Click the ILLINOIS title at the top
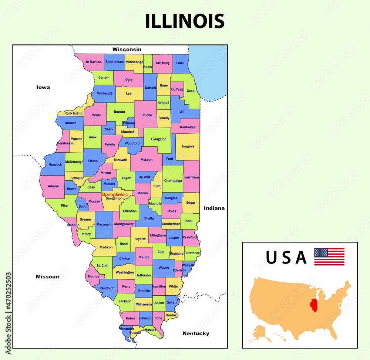pos(185,21)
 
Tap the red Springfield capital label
pos(113,194)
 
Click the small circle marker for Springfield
pos(127,194)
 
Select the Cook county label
pos(191,91)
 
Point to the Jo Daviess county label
pos(93,62)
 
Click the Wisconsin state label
pos(127,49)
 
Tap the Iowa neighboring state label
pos(43,87)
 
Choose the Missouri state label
pos(47,276)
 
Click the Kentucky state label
pos(196,333)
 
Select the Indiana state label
pos(214,208)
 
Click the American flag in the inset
pos(329,257)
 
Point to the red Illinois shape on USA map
pos(314,305)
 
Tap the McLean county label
pos(146,160)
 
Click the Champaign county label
pos(173,180)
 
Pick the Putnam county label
pos(128,123)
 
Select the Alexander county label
pos(126,328)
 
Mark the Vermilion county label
pos(191,177)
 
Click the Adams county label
pos(53,186)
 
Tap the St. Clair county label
pos(102,265)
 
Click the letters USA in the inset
pos(286,258)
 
